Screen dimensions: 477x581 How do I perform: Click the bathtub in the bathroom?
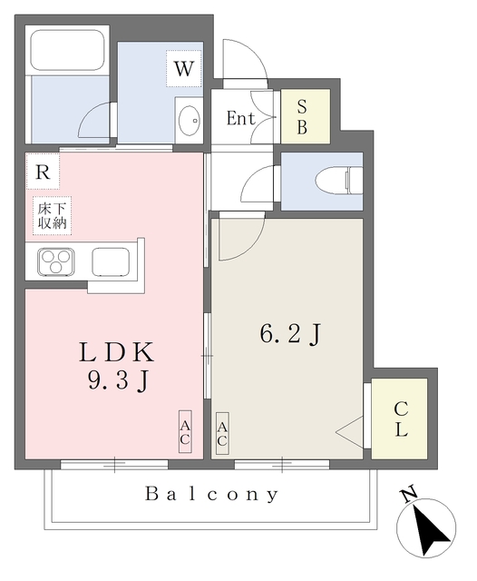[67, 50]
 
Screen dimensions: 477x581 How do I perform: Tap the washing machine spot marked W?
[184, 69]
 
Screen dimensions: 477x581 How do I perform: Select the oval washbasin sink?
[190, 121]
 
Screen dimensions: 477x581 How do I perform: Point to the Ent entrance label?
[240, 118]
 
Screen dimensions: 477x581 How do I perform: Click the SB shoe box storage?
[306, 116]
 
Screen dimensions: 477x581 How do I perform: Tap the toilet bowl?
[339, 182]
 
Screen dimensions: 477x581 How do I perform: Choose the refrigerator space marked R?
[43, 172]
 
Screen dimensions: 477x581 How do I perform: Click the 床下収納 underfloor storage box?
[52, 216]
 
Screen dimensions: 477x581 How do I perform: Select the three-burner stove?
[56, 261]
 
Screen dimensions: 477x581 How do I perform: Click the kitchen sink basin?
[111, 261]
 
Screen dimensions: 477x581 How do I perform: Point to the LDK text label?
[116, 352]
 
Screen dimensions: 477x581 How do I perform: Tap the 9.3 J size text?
[119, 380]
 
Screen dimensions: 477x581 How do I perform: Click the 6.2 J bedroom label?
[290, 334]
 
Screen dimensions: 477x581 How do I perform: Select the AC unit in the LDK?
[185, 432]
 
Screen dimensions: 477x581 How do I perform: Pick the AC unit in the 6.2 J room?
[222, 434]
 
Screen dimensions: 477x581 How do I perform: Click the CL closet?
[400, 419]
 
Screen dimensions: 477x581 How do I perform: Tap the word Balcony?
[211, 494]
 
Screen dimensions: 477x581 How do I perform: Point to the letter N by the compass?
[409, 496]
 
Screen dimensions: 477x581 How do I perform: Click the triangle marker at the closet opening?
[350, 432]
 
